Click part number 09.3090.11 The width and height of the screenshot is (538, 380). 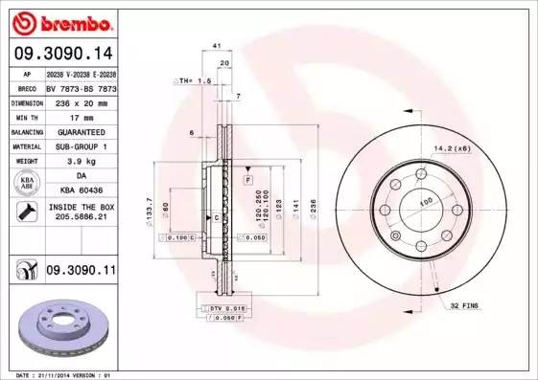click(81, 272)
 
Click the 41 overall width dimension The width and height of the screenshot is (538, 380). click(218, 46)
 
